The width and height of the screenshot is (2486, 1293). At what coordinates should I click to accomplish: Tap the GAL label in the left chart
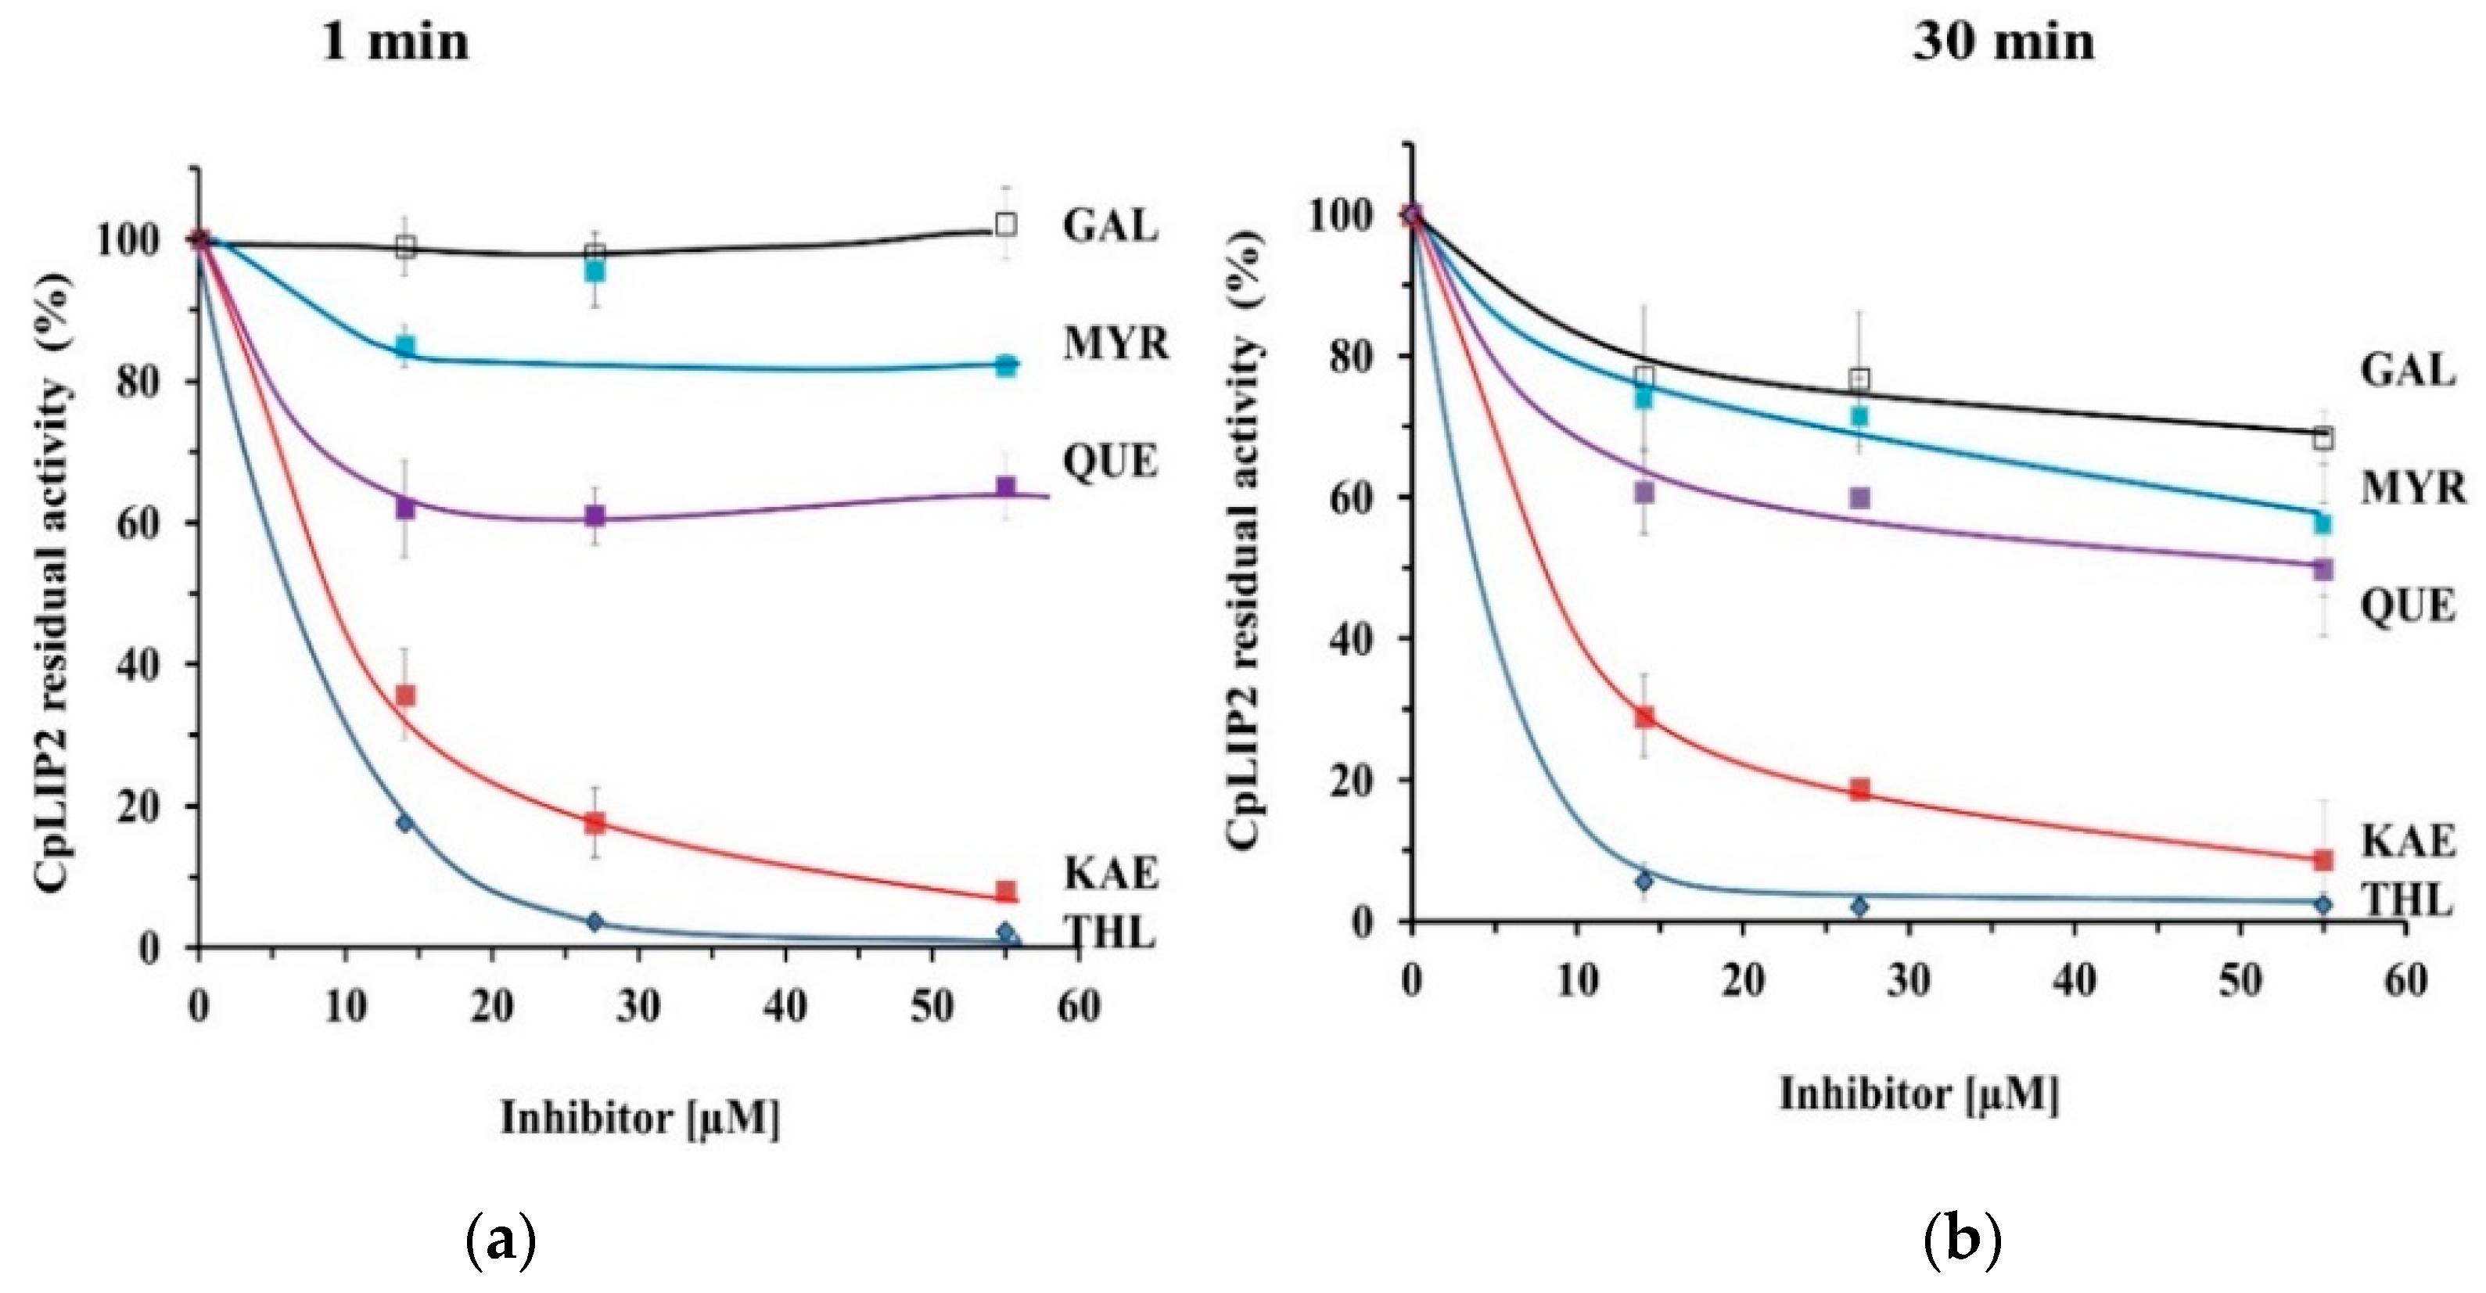click(1110, 226)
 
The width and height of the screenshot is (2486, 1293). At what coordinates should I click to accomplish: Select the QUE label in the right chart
click(2407, 606)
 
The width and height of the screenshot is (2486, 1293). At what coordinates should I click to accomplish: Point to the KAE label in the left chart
click(1110, 873)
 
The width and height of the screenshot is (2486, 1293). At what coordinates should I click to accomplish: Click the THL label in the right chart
click(2407, 900)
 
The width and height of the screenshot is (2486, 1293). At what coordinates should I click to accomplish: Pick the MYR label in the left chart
click(1115, 343)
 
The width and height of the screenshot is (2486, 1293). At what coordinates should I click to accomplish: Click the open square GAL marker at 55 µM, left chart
click(1006, 224)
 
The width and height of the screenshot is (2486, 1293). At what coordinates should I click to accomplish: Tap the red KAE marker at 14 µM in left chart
click(405, 695)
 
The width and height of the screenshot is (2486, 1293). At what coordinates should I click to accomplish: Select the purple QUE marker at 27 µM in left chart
click(595, 515)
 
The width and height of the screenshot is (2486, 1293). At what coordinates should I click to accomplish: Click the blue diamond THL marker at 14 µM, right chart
click(1644, 881)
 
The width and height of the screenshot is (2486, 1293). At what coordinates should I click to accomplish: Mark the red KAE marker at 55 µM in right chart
click(2323, 859)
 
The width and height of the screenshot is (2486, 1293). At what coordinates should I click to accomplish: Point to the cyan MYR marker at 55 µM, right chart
click(2323, 523)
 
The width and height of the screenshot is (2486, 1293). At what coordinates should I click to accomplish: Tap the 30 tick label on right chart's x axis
click(1908, 982)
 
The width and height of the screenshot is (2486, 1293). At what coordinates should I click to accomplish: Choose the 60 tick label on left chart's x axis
click(1078, 1007)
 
